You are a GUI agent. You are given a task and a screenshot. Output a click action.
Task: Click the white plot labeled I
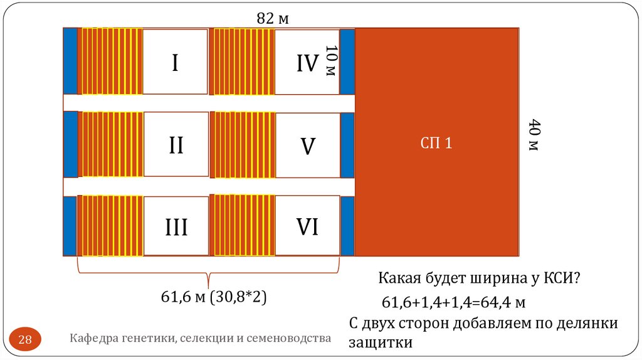click(x=175, y=61)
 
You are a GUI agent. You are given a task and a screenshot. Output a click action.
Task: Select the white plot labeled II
click(x=176, y=145)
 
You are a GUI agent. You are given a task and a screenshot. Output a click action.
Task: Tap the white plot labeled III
click(x=176, y=226)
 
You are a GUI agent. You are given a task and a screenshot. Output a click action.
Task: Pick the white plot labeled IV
click(x=306, y=61)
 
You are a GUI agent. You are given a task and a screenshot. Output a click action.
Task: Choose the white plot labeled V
click(x=307, y=145)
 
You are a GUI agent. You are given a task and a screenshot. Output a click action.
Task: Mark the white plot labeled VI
click(x=307, y=226)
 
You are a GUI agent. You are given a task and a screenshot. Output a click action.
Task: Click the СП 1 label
click(x=436, y=143)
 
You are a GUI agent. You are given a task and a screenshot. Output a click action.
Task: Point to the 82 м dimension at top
click(x=273, y=19)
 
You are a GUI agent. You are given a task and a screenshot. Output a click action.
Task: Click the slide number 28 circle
click(x=26, y=340)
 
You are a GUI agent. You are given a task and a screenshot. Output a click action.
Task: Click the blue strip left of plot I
click(x=70, y=61)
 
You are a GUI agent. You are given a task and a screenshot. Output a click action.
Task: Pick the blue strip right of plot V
click(x=347, y=145)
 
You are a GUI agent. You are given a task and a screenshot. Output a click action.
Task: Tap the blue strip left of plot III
click(x=70, y=226)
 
